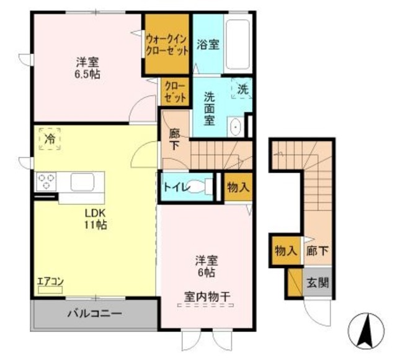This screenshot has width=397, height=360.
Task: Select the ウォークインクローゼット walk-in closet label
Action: point(166,44)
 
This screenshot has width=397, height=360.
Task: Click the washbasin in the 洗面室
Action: point(236,127)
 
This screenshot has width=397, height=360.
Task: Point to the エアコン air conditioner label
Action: point(50,282)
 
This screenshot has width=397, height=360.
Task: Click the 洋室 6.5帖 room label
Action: point(88,68)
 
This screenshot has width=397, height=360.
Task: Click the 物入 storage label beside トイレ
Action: point(238,187)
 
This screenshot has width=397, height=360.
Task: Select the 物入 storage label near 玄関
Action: point(285,251)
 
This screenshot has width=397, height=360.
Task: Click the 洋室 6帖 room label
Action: point(207,266)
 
